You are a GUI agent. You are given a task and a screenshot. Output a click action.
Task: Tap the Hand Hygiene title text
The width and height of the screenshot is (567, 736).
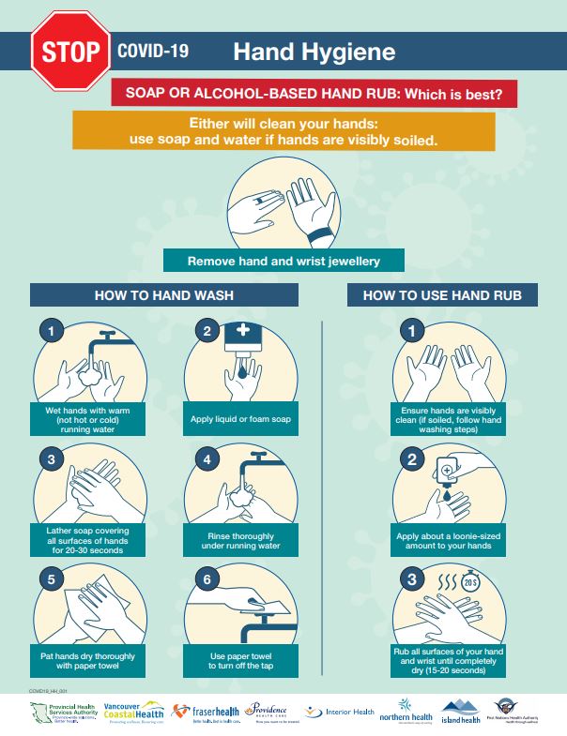click(x=314, y=52)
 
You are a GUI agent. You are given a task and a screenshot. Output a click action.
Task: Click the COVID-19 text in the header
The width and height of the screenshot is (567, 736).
click(x=153, y=52)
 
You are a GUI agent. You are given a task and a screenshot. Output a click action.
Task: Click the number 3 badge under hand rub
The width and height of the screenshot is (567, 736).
click(x=410, y=580)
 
